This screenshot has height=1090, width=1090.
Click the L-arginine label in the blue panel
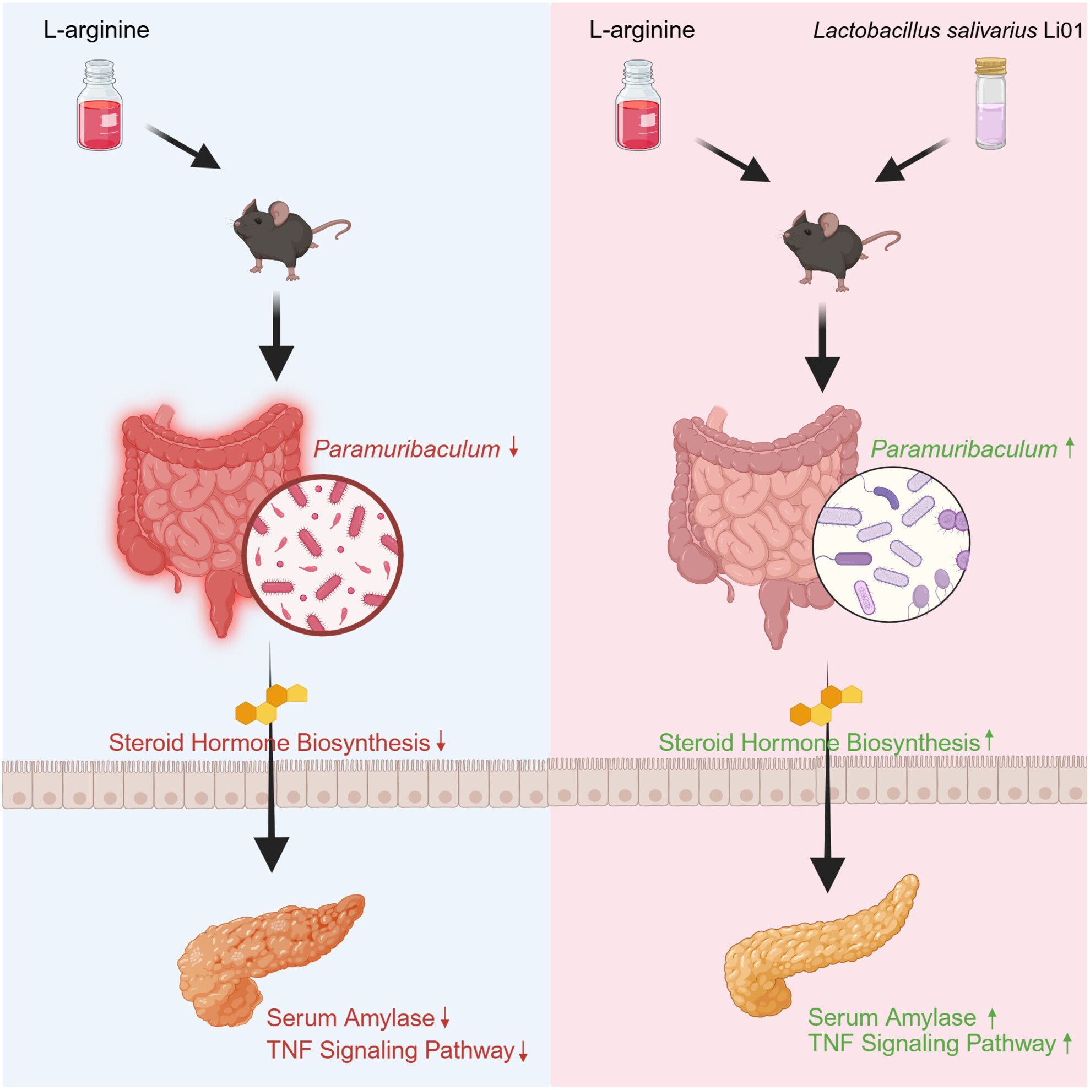96,30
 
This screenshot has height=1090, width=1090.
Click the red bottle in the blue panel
99,107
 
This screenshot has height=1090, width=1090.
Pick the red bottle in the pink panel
639,107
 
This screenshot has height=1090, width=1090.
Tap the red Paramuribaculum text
406,449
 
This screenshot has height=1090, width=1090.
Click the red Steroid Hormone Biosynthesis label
270,742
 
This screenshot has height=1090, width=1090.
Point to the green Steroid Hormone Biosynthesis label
819,742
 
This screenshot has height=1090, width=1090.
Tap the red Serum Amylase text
350,1018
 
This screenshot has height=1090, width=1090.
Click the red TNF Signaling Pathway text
391,1050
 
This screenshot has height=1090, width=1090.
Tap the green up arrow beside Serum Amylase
994,1018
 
